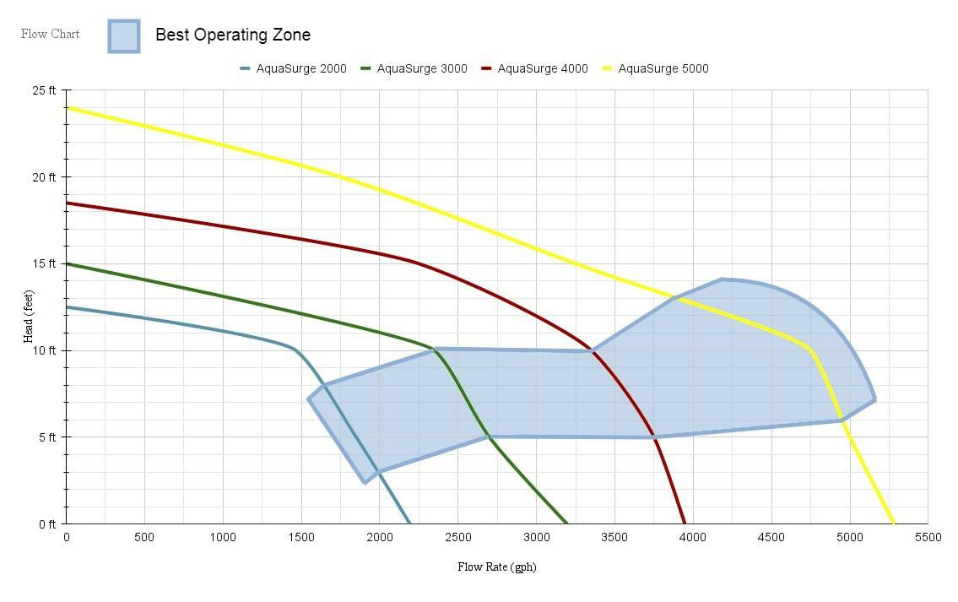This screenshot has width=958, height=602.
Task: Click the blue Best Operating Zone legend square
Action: [x=124, y=36]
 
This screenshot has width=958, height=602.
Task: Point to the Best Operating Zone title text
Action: [x=233, y=35]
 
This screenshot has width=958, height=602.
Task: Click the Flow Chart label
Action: [x=51, y=34]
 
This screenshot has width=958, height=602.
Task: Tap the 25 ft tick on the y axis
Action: [x=44, y=90]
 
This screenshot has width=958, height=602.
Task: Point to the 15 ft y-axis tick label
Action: [x=44, y=263]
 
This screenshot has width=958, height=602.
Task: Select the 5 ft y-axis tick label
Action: [x=47, y=437]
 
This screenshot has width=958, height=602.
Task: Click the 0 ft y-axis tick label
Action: [x=47, y=523]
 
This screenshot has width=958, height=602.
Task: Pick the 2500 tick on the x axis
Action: [x=457, y=538]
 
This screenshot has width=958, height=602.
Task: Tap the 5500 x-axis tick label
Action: [x=928, y=538]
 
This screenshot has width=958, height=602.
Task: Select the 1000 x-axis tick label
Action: [x=223, y=538]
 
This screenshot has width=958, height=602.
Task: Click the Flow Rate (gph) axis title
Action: [x=496, y=567]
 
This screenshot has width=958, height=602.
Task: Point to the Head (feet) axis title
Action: [x=29, y=312]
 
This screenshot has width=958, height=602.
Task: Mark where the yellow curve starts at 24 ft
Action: [x=67, y=107]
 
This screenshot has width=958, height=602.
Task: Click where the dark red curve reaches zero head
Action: [x=685, y=523]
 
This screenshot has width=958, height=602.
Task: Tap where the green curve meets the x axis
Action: [x=567, y=523]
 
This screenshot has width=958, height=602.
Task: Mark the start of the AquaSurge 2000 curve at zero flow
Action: [x=67, y=307]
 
